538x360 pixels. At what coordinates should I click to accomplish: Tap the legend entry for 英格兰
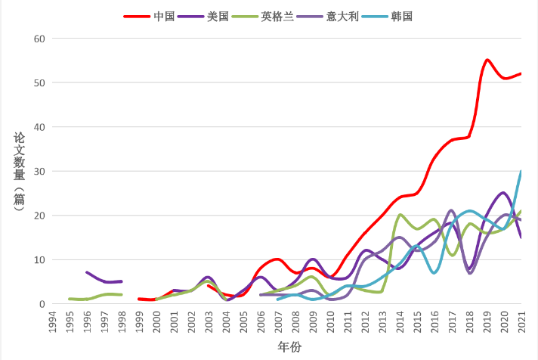pos(275,15)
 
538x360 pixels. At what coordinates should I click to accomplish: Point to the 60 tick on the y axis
pos(39,39)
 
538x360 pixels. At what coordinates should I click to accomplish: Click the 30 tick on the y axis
pos(39,172)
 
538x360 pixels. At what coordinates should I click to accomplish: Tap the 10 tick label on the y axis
pos(39,260)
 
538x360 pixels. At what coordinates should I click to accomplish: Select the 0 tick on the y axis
pos(42,304)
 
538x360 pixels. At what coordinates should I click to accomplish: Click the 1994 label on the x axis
pos(52,321)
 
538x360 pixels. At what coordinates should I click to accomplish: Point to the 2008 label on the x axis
pos(295,321)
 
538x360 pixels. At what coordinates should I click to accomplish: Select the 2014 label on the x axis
pos(400,321)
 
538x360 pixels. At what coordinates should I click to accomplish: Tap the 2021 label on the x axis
pos(521,321)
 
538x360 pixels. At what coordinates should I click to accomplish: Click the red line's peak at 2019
pos(487,60)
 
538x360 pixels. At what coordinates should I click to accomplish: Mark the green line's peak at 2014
pos(400,215)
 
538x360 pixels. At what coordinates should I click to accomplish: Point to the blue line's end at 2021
pos(521,172)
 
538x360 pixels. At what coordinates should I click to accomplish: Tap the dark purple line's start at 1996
pos(87,272)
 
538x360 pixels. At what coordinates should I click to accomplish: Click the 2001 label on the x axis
pos(174,321)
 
